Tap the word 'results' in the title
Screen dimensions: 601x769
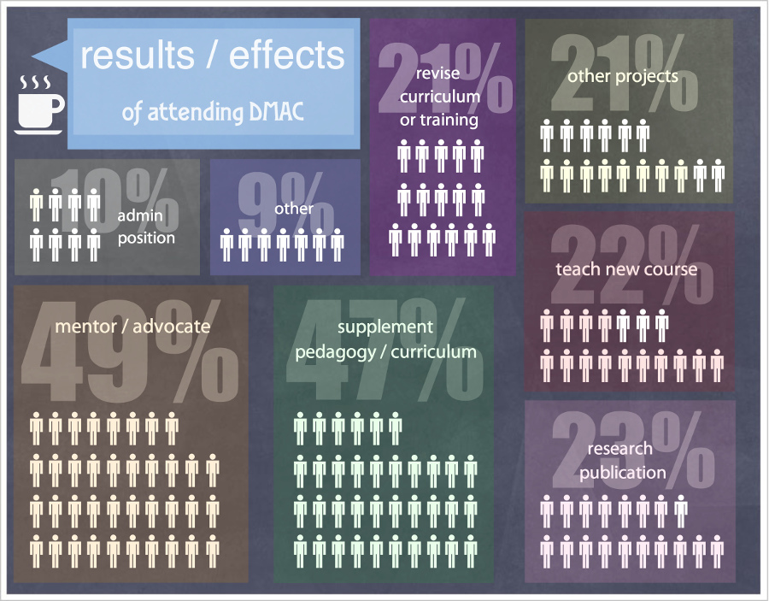tap(136, 56)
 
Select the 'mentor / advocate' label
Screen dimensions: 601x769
tap(132, 326)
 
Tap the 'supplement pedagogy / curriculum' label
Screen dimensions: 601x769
tap(385, 339)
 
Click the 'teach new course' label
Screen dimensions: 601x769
tap(626, 269)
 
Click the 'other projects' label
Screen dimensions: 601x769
tap(623, 76)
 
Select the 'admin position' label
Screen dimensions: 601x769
tap(146, 227)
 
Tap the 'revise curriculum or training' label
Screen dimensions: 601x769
tap(440, 97)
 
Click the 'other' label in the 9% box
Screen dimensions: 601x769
tap(294, 209)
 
